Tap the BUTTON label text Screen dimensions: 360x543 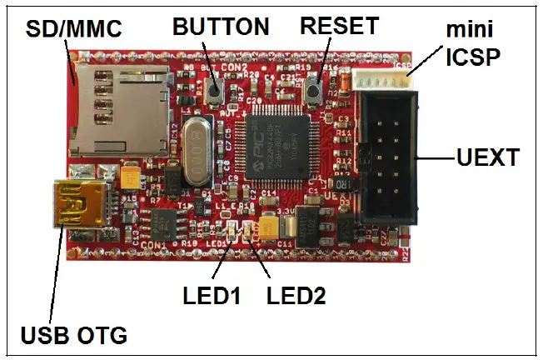click(221, 27)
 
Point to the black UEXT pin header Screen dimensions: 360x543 click(388, 159)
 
